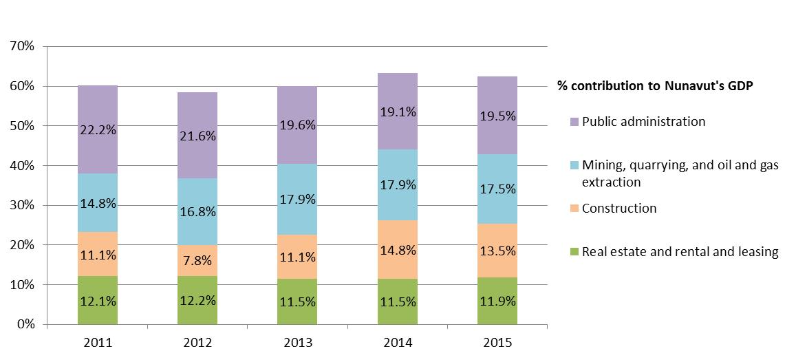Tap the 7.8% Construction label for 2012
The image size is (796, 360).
[197, 260]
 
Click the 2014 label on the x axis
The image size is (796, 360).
[398, 342]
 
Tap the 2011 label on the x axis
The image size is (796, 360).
[98, 342]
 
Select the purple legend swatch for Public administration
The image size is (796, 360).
[573, 122]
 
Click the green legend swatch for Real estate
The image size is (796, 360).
[573, 252]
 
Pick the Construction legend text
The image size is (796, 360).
[619, 208]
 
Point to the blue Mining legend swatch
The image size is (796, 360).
[573, 166]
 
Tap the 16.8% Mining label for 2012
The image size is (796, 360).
[197, 211]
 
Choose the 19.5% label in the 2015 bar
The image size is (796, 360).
[497, 116]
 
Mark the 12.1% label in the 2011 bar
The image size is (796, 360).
[98, 300]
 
